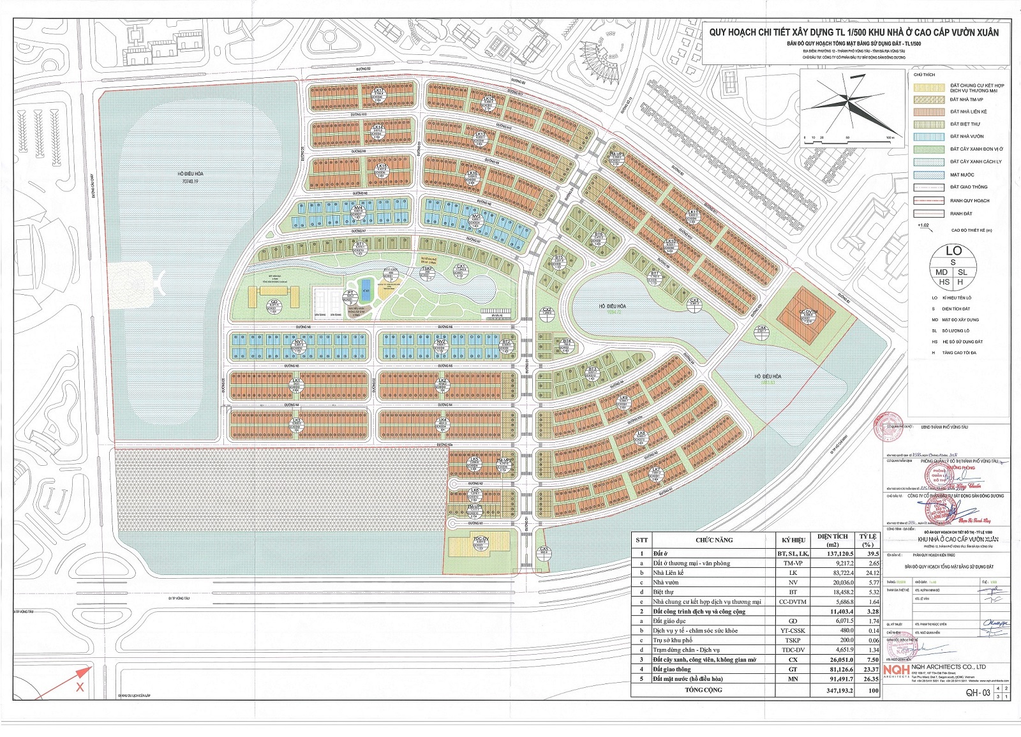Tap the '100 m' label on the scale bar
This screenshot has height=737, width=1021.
coord(890,137)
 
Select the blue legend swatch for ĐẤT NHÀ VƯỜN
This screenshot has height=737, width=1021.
coord(928,137)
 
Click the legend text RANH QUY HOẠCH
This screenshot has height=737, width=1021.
coord(969,200)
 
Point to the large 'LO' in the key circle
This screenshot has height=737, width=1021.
coord(953,251)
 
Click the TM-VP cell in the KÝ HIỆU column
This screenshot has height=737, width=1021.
coord(793,563)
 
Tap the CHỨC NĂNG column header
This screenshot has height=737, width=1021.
coord(714,540)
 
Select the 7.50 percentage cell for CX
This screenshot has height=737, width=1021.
coord(868,660)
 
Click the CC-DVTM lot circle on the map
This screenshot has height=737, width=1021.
coord(808,313)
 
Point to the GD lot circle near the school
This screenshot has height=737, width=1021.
coord(274,304)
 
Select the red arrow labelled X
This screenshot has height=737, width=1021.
coord(80,678)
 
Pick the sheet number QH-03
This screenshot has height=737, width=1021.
coord(977,692)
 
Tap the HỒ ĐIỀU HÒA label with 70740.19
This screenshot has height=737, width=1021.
coord(190,177)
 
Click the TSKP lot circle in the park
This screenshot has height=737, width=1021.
coord(428,271)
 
